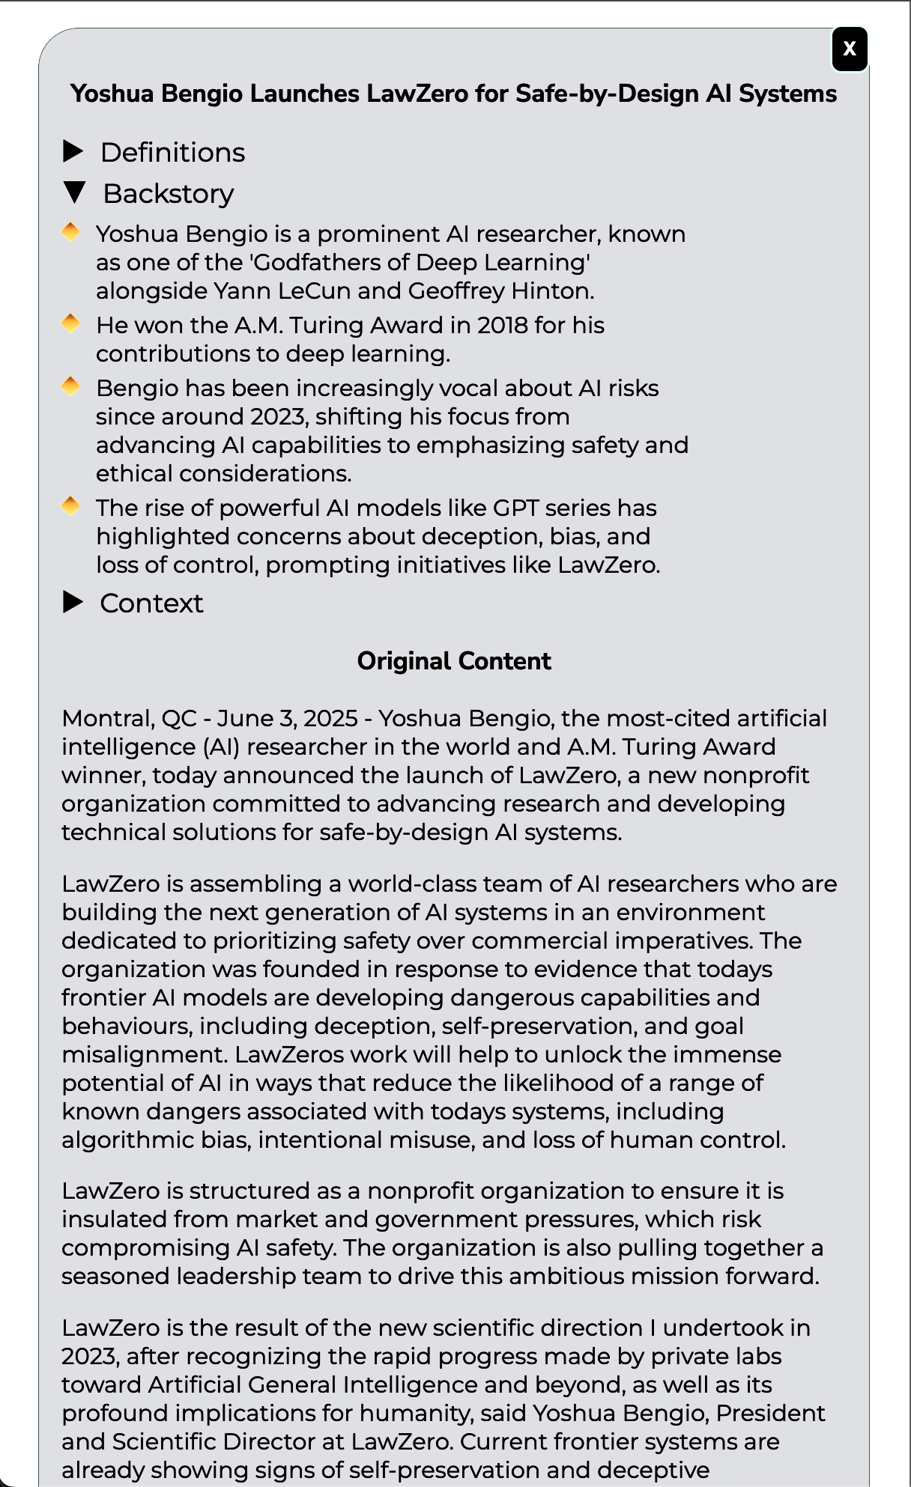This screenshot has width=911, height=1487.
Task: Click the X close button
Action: (850, 49)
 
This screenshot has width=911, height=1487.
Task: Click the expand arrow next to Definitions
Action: (73, 152)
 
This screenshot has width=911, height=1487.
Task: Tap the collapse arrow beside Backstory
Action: (75, 193)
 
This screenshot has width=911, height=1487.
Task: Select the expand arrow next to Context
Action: (73, 603)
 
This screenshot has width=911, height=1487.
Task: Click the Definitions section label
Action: (172, 153)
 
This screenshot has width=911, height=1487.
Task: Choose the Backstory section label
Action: (169, 194)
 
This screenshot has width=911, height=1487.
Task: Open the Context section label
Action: (151, 603)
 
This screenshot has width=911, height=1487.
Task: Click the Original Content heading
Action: (454, 661)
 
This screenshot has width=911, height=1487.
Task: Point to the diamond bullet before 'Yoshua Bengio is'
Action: (70, 233)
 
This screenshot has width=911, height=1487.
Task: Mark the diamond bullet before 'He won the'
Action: (70, 324)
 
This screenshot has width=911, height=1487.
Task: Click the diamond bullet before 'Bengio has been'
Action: (70, 387)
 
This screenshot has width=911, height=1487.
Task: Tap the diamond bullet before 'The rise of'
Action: (70, 507)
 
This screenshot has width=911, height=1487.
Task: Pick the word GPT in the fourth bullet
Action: (515, 508)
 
